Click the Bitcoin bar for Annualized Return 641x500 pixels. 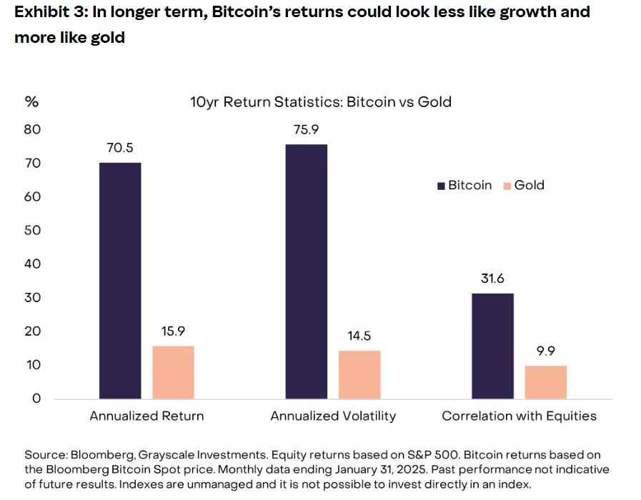tap(120, 280)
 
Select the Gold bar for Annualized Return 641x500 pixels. tap(173, 371)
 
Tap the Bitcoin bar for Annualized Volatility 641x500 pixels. tap(307, 271)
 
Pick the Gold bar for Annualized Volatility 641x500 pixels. tap(359, 374)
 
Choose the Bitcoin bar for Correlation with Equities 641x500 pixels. tap(493, 346)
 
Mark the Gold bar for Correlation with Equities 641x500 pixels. tap(546, 381)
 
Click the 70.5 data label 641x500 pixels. tap(120, 149)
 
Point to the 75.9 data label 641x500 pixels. tap(307, 130)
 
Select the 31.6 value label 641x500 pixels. tap(493, 279)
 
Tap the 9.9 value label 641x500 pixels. tap(546, 351)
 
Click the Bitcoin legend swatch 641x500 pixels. tap(441, 186)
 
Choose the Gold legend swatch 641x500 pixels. tap(507, 186)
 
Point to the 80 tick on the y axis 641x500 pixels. tap(33, 129)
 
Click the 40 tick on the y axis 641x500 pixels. tap(33, 264)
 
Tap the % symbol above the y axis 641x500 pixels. tap(31, 101)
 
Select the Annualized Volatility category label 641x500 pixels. tap(333, 416)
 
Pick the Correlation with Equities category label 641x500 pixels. tap(519, 416)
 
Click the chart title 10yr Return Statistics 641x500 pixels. tap(315, 101)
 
